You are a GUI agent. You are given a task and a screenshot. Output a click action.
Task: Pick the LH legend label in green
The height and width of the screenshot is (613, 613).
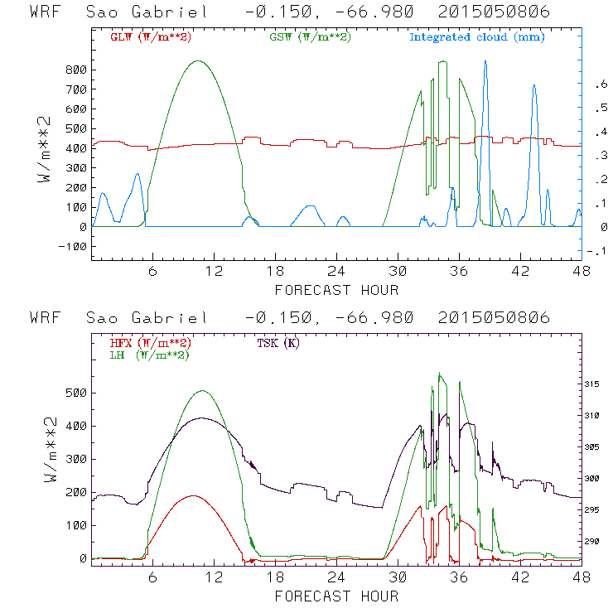148,355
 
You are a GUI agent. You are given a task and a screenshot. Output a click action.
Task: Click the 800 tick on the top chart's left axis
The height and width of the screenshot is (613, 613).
76,70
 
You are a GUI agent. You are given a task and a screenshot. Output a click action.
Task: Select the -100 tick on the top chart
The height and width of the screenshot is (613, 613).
73,247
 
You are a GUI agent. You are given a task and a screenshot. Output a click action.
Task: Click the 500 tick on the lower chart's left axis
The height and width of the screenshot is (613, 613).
76,393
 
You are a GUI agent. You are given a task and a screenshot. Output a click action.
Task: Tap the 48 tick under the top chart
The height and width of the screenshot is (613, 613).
581,271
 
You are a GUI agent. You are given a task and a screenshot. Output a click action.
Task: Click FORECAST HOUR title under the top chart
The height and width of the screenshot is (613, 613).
336,290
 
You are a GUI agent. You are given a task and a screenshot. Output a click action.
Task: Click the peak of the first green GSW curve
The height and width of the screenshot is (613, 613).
197,60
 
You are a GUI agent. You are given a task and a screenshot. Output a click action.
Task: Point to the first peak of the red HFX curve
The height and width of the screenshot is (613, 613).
193,495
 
